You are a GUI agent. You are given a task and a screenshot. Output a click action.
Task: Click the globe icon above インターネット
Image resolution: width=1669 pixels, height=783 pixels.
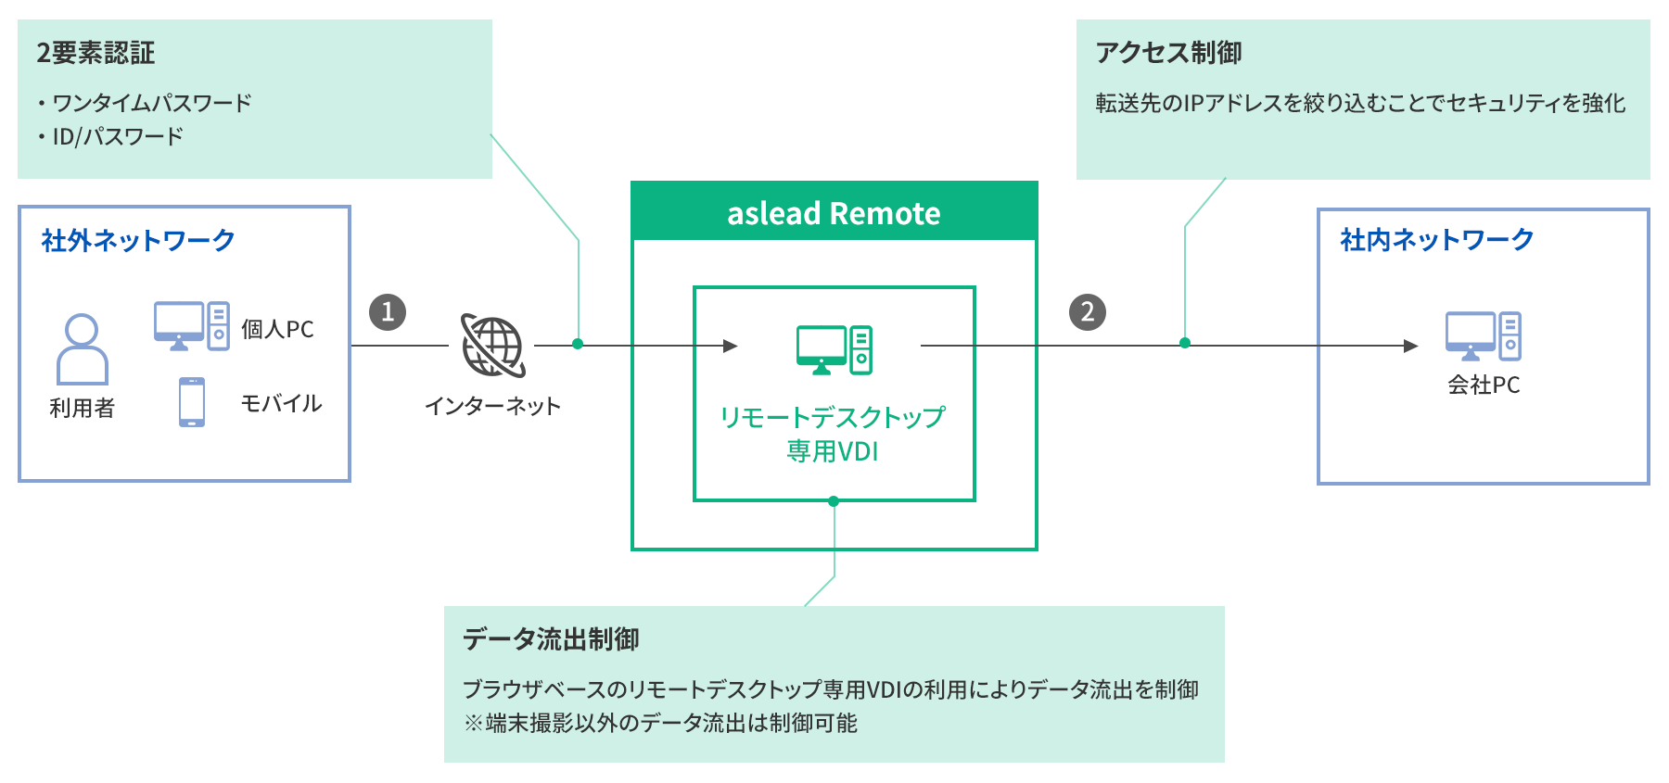493,346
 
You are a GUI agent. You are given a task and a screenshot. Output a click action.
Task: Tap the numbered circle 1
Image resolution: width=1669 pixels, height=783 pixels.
388,312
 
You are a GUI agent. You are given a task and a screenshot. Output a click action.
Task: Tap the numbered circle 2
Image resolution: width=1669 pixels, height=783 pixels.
1088,312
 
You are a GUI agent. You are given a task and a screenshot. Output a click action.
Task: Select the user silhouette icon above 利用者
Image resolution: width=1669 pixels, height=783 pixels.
83,349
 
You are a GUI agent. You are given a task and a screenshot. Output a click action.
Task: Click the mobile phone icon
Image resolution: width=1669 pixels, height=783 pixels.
192,402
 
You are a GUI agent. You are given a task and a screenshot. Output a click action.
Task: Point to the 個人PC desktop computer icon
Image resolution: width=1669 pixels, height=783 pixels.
192,326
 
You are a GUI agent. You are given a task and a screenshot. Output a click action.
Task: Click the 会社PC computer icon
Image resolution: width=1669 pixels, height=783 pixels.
1483,336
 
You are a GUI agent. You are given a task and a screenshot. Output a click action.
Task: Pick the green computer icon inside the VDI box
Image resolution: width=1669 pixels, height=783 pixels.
834,349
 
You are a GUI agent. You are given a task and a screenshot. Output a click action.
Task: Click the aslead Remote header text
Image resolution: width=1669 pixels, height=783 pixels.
834,213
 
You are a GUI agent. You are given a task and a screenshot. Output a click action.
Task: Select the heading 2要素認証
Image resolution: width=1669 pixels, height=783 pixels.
96,53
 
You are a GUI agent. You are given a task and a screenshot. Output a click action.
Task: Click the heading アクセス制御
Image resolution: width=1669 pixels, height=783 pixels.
1168,53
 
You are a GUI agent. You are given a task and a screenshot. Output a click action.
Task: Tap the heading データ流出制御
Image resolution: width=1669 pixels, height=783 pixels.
551,638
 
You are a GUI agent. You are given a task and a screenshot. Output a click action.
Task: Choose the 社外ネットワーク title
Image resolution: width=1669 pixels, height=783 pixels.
138,241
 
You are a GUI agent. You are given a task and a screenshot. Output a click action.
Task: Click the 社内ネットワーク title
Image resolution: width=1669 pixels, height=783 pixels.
1436,240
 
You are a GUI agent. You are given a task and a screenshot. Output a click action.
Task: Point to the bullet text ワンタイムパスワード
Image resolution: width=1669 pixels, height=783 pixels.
152,103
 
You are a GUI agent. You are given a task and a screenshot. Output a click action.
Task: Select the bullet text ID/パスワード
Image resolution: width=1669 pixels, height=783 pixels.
118,137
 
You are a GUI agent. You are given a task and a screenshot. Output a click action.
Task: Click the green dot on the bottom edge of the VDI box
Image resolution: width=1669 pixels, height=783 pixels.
834,501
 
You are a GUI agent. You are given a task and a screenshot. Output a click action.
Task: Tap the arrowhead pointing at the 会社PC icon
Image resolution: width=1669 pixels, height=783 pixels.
1410,346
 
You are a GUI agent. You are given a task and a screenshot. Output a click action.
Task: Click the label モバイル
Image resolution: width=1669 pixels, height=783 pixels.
281,403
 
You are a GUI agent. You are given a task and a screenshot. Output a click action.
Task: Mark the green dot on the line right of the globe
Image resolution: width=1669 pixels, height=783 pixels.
578,344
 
